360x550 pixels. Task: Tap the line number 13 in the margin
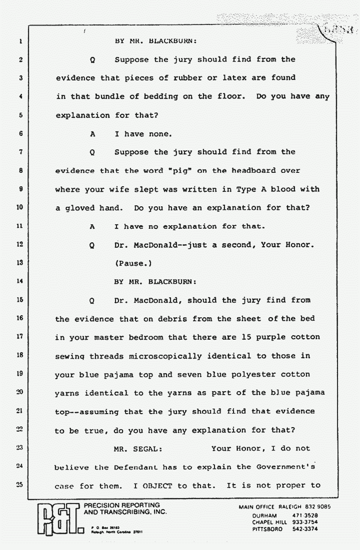20,263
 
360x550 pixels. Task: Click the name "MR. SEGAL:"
138,449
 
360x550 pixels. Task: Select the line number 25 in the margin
20,486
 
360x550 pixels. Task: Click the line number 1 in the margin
20,41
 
